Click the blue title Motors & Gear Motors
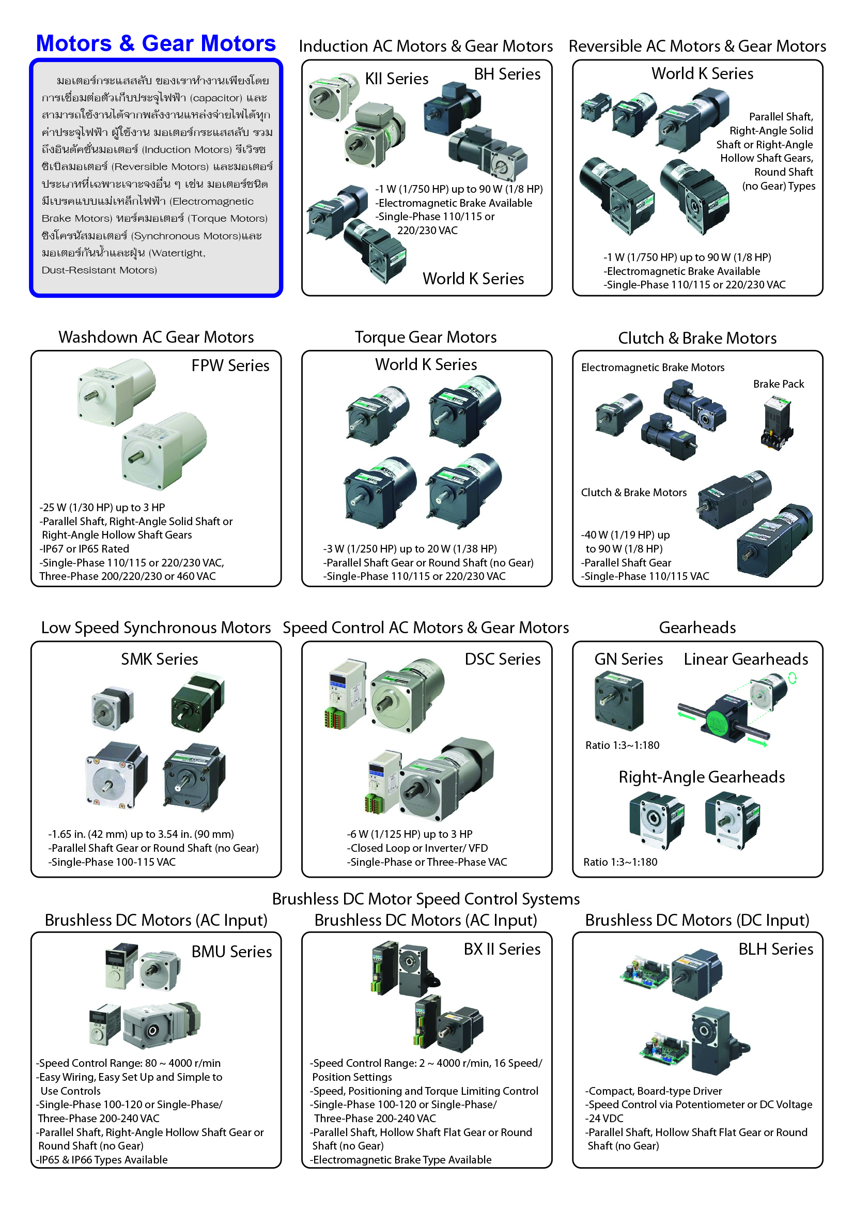[x=156, y=43]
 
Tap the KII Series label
[x=397, y=79]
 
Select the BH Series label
[x=507, y=74]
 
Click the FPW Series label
[x=230, y=365]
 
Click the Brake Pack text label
[x=778, y=384]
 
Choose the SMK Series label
[x=160, y=659]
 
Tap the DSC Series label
[x=503, y=659]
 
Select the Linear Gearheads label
[x=746, y=659]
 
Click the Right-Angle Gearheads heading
[x=702, y=777]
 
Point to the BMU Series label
[x=231, y=952]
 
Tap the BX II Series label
[x=502, y=949]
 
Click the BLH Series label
[x=775, y=949]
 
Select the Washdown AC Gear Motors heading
[x=156, y=337]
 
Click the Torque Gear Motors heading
[x=426, y=337]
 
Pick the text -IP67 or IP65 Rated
[x=84, y=549]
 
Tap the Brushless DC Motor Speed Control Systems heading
[x=426, y=899]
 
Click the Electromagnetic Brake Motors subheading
[x=653, y=368]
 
